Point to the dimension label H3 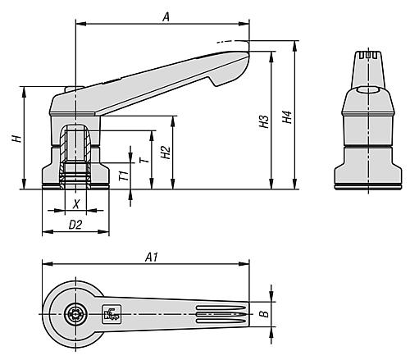coord(264,123)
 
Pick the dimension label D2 coord(75,223)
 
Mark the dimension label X coord(76,203)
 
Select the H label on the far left coord(16,138)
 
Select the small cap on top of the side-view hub coord(71,89)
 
